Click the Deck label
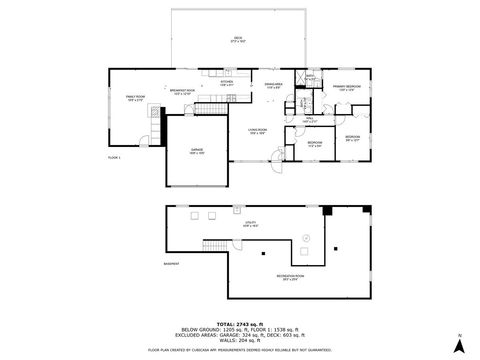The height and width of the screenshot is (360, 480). (x=237, y=39)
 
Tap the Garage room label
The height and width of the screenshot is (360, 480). (x=198, y=151)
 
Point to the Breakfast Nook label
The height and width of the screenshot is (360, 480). (x=180, y=92)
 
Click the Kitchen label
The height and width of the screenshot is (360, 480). (x=226, y=84)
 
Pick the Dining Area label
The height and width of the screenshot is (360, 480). (x=273, y=86)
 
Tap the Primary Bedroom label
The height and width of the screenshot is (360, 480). (x=346, y=88)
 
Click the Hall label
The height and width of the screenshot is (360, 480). (x=309, y=121)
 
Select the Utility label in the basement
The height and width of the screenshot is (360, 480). (x=250, y=224)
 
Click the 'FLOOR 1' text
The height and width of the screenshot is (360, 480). (x=114, y=158)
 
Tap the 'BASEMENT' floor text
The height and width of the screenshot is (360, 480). (x=171, y=264)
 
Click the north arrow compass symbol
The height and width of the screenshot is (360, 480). (x=459, y=344)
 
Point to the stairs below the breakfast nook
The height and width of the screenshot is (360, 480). (x=155, y=113)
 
